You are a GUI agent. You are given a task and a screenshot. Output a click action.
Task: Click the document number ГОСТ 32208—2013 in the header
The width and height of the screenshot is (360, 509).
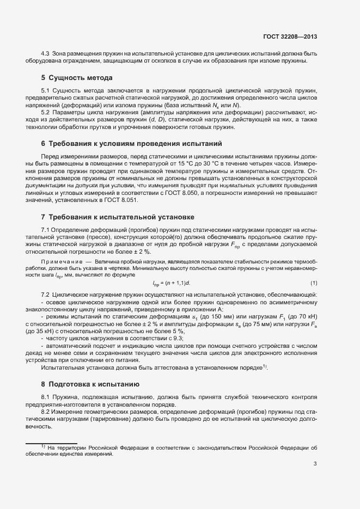(290, 37)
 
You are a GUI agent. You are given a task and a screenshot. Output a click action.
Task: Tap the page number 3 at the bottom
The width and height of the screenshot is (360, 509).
(315, 464)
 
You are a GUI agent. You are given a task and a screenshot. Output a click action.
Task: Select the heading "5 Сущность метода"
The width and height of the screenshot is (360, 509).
(77, 78)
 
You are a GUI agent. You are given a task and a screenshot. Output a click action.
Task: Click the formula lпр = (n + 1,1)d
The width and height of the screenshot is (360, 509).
(172, 283)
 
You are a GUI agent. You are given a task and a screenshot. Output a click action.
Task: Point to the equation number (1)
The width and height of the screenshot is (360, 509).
(314, 283)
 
